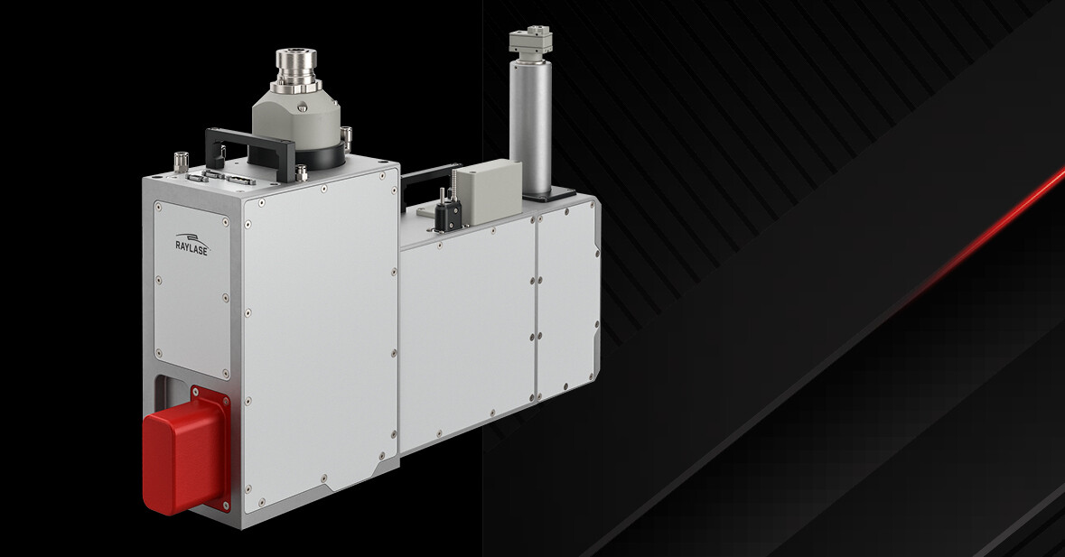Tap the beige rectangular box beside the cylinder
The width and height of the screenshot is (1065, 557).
tap(487, 190)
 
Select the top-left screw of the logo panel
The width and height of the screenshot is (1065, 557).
tap(159, 207)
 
